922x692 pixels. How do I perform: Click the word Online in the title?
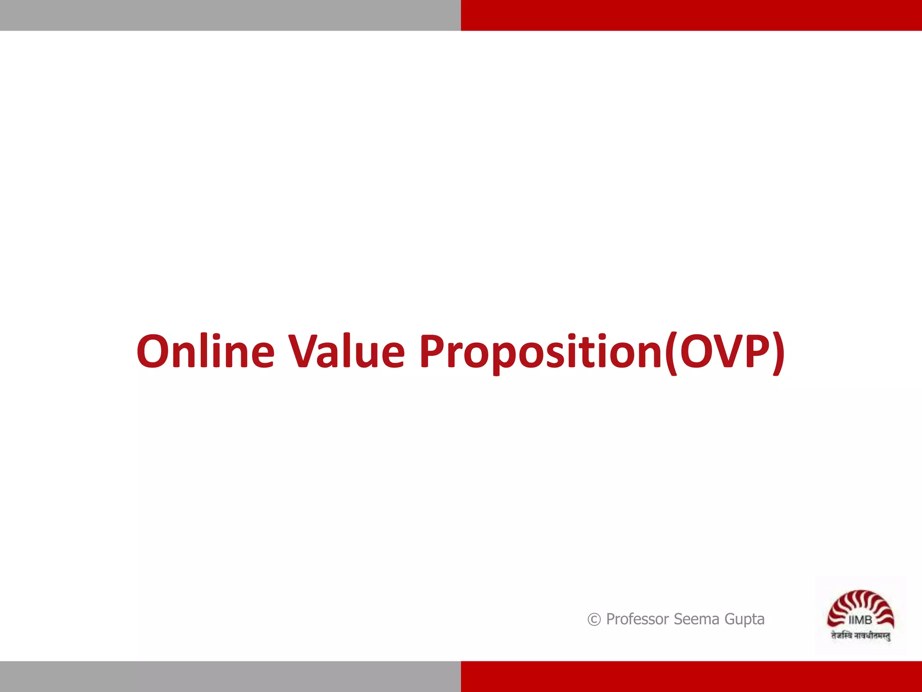click(x=205, y=351)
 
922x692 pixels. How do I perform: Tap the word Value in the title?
click(x=346, y=351)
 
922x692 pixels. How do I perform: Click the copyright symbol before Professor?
click(x=594, y=620)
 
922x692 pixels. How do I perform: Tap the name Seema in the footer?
click(x=696, y=619)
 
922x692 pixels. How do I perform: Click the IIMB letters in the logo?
click(x=860, y=620)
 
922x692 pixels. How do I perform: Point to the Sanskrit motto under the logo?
click(x=860, y=636)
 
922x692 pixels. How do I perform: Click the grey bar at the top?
click(x=230, y=15)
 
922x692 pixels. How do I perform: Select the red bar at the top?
click(x=691, y=15)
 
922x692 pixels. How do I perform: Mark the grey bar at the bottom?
click(x=230, y=677)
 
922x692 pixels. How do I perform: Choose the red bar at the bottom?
click(x=691, y=677)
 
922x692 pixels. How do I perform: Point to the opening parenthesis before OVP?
click(x=671, y=353)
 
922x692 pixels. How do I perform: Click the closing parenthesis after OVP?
click(x=777, y=353)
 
